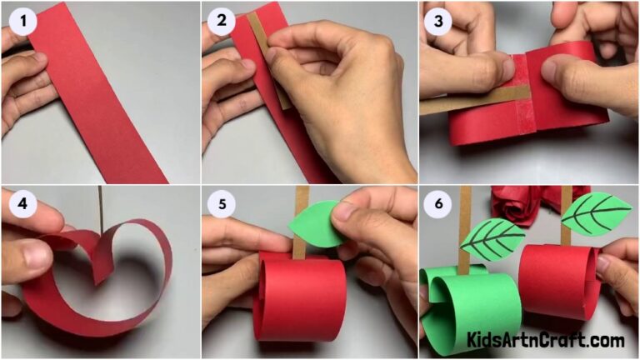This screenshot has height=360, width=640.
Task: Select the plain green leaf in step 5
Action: point(315,225)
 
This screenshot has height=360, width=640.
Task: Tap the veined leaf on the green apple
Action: point(494,238)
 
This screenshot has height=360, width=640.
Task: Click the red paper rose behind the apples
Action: point(517,204)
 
